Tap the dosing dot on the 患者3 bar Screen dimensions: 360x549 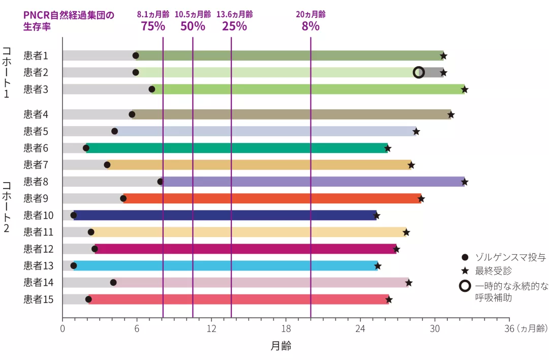pyautogui.click(x=151, y=89)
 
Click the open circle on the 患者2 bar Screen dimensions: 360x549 pyautogui.click(x=419, y=72)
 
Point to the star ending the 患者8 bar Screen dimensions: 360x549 pyautogui.click(x=464, y=182)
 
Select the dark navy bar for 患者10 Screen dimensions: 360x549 pyautogui.click(x=224, y=215)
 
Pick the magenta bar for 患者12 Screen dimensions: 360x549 pyautogui.click(x=244, y=249)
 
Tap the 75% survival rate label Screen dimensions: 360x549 pyautogui.click(x=153, y=26)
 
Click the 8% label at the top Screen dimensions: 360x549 pyautogui.click(x=311, y=26)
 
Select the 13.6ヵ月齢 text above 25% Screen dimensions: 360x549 pyautogui.click(x=234, y=14)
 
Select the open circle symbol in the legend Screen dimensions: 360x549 pyautogui.click(x=464, y=286)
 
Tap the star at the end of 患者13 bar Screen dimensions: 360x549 pyautogui.click(x=378, y=266)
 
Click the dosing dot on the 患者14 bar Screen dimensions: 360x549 pyautogui.click(x=113, y=282)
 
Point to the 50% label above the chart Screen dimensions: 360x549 pyautogui.click(x=193, y=26)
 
